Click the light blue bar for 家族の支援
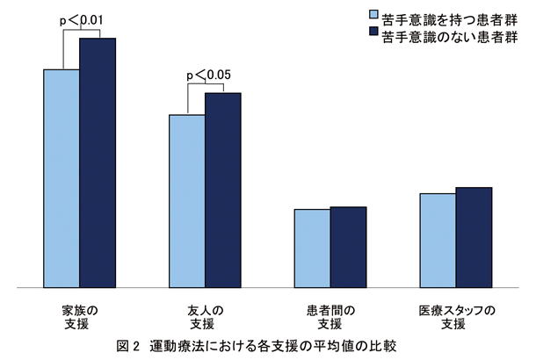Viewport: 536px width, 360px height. [x=62, y=177]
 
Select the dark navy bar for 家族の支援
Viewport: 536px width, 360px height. [x=98, y=162]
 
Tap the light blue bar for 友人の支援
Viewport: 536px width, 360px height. [x=187, y=200]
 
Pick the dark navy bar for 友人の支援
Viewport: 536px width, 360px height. [x=223, y=190]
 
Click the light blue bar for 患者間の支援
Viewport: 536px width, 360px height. [x=312, y=248]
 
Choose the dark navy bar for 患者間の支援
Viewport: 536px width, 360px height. [x=348, y=247]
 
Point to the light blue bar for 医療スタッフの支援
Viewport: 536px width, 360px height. [x=438, y=240]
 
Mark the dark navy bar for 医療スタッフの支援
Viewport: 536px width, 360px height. [x=474, y=237]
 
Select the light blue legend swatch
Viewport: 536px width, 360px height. [x=373, y=15]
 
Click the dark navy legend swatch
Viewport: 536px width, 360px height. [x=373, y=33]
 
